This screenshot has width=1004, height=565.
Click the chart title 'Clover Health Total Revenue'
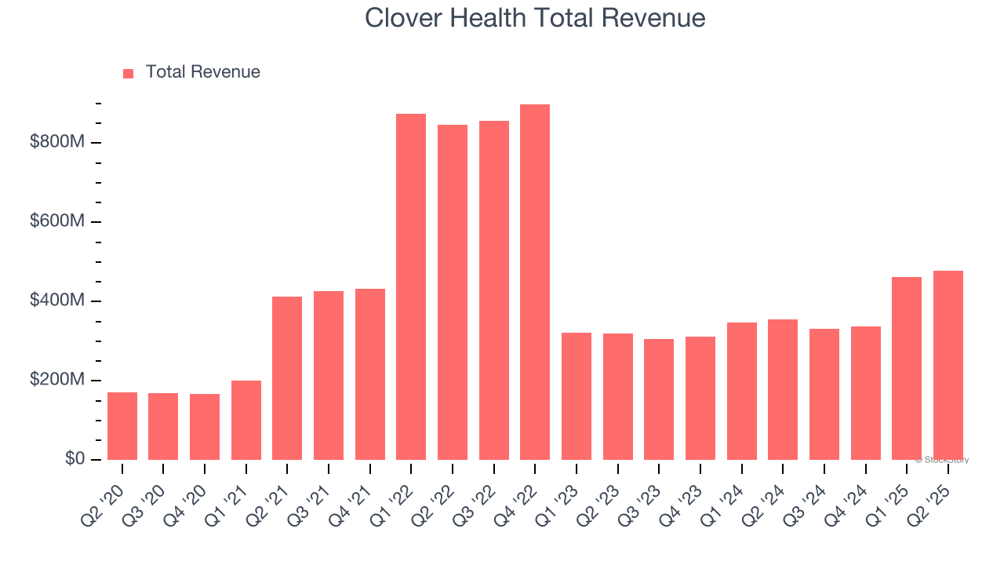tap(535, 18)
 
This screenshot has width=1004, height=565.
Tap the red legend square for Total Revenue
tap(129, 73)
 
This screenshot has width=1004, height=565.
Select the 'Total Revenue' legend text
tap(202, 72)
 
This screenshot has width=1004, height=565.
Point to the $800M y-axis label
tap(57, 142)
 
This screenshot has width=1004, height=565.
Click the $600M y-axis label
tap(57, 221)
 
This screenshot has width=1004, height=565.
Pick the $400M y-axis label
tap(57, 301)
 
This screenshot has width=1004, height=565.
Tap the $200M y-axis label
tap(57, 380)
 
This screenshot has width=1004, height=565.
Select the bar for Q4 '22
tap(535, 282)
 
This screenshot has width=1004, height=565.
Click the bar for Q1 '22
tap(411, 287)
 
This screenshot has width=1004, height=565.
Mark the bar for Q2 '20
tap(122, 426)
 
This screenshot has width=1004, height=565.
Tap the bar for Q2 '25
tap(948, 366)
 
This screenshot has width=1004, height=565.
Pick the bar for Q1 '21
tap(246, 421)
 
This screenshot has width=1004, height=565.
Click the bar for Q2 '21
tap(287, 378)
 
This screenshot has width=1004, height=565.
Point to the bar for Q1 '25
tap(907, 369)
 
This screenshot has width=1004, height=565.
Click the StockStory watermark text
tap(942, 460)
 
